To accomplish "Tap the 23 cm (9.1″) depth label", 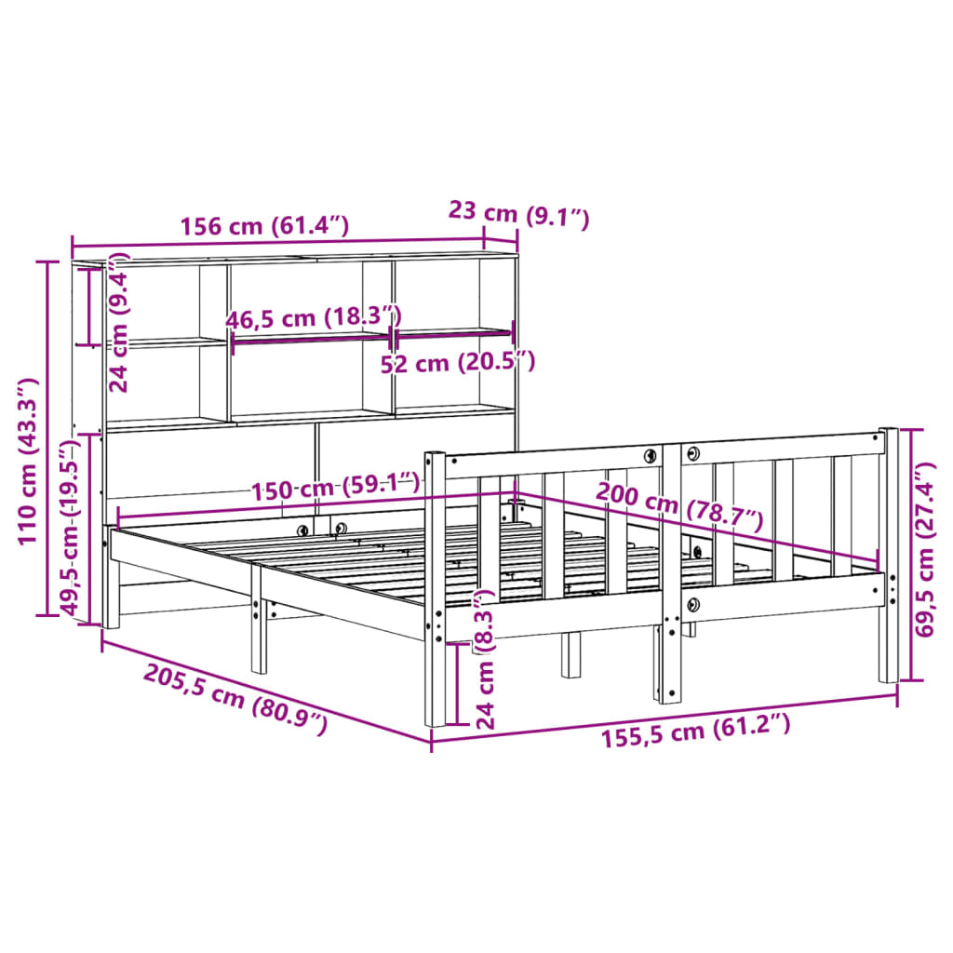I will pyautogui.click(x=518, y=215).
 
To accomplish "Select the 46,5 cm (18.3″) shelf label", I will pyautogui.click(x=313, y=317).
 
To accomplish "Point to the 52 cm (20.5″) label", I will pyautogui.click(x=458, y=362).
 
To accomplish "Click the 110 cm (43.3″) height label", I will pyautogui.click(x=27, y=461).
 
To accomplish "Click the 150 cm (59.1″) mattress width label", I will pyautogui.click(x=333, y=486).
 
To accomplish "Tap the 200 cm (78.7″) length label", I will pyautogui.click(x=678, y=503).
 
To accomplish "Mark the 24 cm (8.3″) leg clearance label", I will pyautogui.click(x=485, y=661).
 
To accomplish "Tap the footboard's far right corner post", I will pyautogui.click(x=889, y=558).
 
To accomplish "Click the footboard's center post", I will pyautogui.click(x=670, y=577).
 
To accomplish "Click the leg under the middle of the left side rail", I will pyautogui.click(x=258, y=633).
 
